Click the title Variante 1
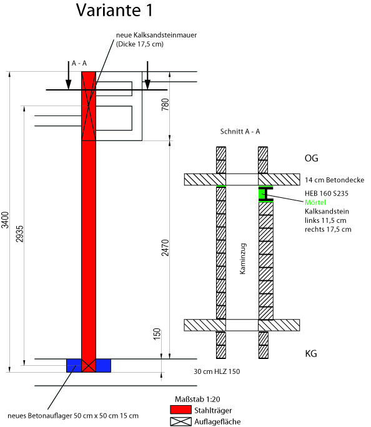point(114,10)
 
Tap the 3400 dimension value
point(5,220)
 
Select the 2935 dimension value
point(19,234)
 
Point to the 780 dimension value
point(165,105)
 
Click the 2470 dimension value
point(165,248)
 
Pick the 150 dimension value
point(157,334)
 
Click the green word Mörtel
point(315,202)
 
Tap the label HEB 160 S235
point(326,194)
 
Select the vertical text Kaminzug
point(242,258)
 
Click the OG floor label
point(311,158)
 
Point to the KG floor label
point(311,353)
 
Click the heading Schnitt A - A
point(240,132)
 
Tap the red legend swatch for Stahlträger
point(181,410)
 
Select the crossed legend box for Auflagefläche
point(181,421)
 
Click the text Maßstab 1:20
point(197,400)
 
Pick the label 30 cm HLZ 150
point(217,371)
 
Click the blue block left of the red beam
point(74,365)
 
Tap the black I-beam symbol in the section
point(265,194)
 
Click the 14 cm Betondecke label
point(335,180)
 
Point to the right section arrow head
point(147,84)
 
